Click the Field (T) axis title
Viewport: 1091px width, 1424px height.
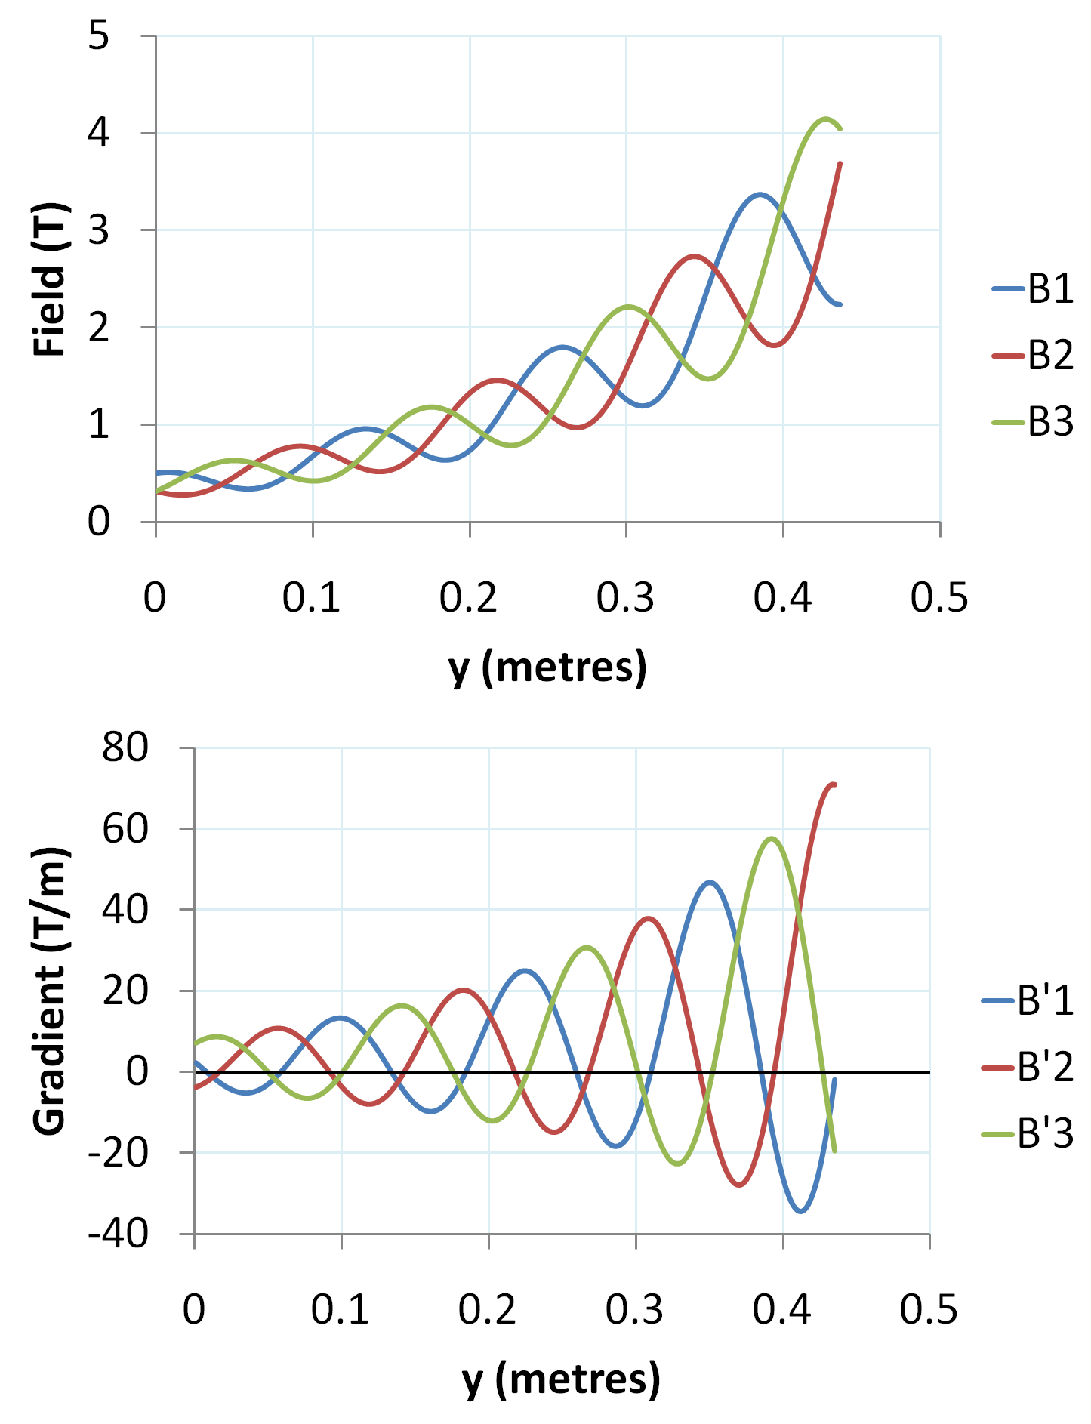[51, 279]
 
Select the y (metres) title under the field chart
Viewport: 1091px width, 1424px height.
[547, 667]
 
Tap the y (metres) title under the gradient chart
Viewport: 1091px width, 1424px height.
[561, 1379]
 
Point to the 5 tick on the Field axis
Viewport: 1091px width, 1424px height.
[99, 35]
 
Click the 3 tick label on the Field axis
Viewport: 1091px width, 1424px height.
[99, 230]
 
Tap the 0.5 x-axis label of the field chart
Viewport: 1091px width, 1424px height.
[939, 598]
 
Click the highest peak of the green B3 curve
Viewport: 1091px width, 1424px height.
[825, 119]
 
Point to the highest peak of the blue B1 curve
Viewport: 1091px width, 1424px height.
[760, 194]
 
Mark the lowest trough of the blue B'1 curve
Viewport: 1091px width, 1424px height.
[801, 1211]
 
